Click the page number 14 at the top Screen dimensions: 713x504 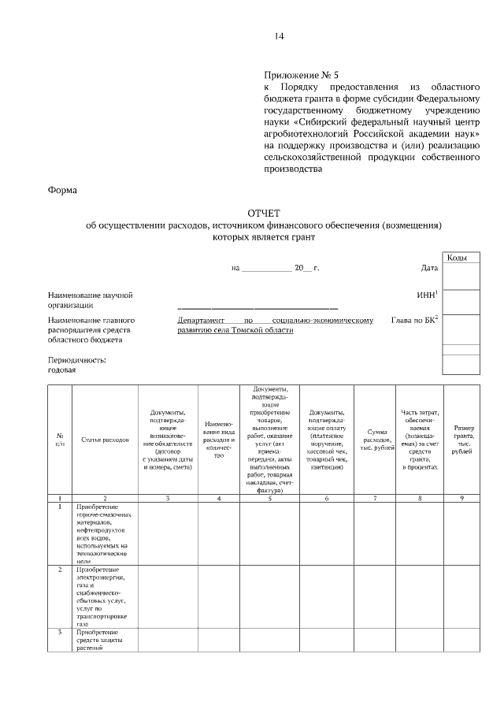[279, 37]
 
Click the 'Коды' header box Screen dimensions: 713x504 [461, 258]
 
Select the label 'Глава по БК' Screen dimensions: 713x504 [414, 321]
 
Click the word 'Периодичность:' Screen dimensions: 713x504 [76, 359]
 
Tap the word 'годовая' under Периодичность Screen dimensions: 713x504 [63, 369]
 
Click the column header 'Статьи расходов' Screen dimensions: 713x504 [105, 440]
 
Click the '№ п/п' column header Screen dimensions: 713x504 [60, 440]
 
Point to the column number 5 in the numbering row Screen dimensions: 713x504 [269, 498]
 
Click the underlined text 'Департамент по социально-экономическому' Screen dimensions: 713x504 [275, 321]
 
